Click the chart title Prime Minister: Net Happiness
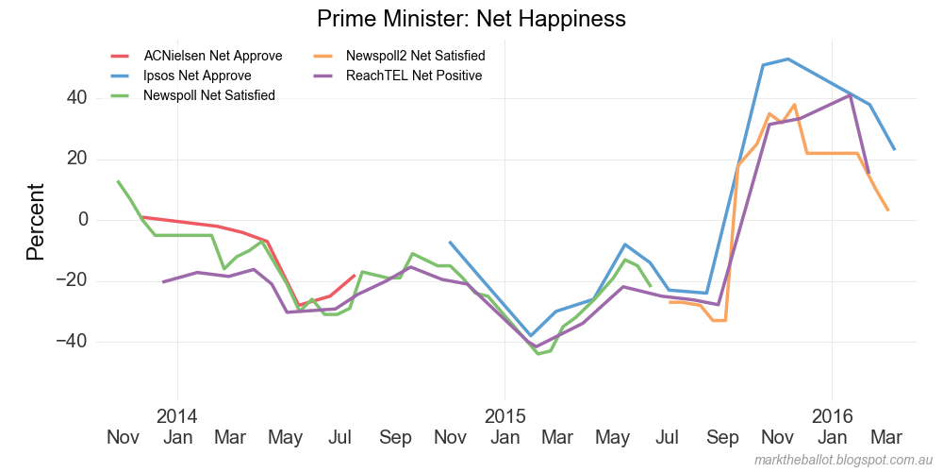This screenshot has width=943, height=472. click(471, 19)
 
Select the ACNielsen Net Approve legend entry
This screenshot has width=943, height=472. click(212, 56)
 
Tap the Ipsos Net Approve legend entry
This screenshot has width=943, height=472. click(197, 76)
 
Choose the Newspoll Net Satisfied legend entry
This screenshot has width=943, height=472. click(208, 95)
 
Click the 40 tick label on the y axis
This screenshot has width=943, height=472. click(77, 98)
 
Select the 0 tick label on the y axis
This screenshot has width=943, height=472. click(83, 220)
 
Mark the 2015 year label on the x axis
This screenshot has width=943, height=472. click(504, 415)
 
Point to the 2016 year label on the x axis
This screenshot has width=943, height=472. click(832, 415)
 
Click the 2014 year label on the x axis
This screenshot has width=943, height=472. click(176, 415)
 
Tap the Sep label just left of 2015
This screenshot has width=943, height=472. click(396, 437)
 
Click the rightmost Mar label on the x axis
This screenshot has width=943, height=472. click(885, 437)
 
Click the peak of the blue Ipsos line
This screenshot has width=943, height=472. click(788, 59)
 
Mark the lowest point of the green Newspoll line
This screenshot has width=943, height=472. click(538, 353)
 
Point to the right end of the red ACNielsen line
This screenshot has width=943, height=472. click(355, 276)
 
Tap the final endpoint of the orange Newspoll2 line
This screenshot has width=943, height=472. click(888, 211)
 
